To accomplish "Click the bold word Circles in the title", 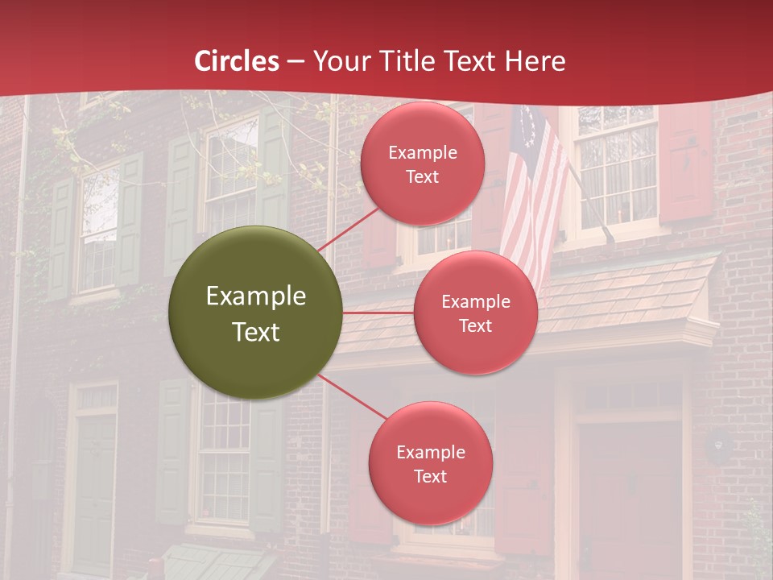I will click(236, 61).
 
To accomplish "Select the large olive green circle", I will click(256, 313).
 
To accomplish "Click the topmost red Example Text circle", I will click(422, 164).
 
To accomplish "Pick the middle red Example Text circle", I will click(475, 313).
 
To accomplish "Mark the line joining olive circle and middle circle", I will click(378, 312).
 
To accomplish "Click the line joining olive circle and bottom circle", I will click(352, 397).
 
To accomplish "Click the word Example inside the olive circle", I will click(256, 296).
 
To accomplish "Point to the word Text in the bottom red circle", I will click(430, 476).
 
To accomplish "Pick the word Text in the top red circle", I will click(422, 176).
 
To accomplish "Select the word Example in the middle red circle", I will click(475, 301).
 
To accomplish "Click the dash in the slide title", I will click(296, 61).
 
